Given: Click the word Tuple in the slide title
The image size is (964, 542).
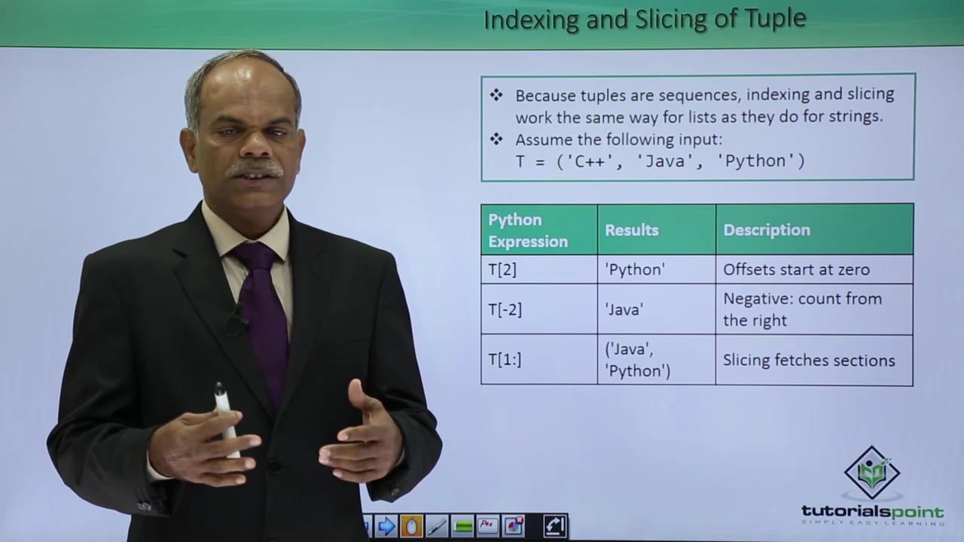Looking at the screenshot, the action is click(x=776, y=20).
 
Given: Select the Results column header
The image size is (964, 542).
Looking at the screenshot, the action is click(x=632, y=230).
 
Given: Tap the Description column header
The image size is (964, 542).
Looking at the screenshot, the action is click(x=767, y=230).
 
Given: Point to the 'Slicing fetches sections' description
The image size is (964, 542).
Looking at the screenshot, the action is click(x=809, y=361).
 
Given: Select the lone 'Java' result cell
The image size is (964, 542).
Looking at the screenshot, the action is click(x=624, y=309).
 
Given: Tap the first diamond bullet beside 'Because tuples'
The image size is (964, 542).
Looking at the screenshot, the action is click(x=496, y=95).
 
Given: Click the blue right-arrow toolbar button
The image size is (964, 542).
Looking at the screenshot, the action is click(x=386, y=526).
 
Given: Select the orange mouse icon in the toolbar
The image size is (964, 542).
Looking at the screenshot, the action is click(x=411, y=526).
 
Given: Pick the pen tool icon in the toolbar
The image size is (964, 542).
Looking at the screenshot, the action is click(x=437, y=526).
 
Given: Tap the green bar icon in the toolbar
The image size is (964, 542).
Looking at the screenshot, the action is click(x=462, y=526).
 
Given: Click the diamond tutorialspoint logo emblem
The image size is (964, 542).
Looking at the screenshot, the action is click(x=872, y=473).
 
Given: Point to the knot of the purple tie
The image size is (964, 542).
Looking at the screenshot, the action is click(x=255, y=257).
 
